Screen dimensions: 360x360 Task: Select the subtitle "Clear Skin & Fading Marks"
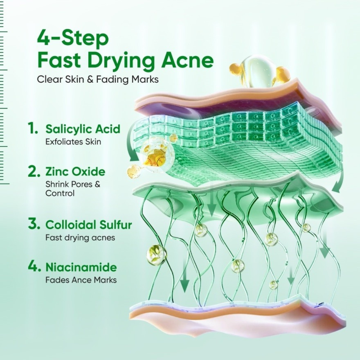pos(98,79)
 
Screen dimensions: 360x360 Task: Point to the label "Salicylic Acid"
pos(83,129)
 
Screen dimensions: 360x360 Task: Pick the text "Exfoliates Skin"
pos(73,141)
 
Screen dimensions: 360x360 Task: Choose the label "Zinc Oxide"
pos(75,172)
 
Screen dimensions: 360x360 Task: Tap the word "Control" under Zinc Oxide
pos(60,193)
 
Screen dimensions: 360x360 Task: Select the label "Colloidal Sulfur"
pos(89,225)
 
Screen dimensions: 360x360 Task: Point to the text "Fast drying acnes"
pos(80,237)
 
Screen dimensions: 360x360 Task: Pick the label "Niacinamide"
pos(81,267)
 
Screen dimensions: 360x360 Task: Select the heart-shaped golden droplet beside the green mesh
pos(133,171)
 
